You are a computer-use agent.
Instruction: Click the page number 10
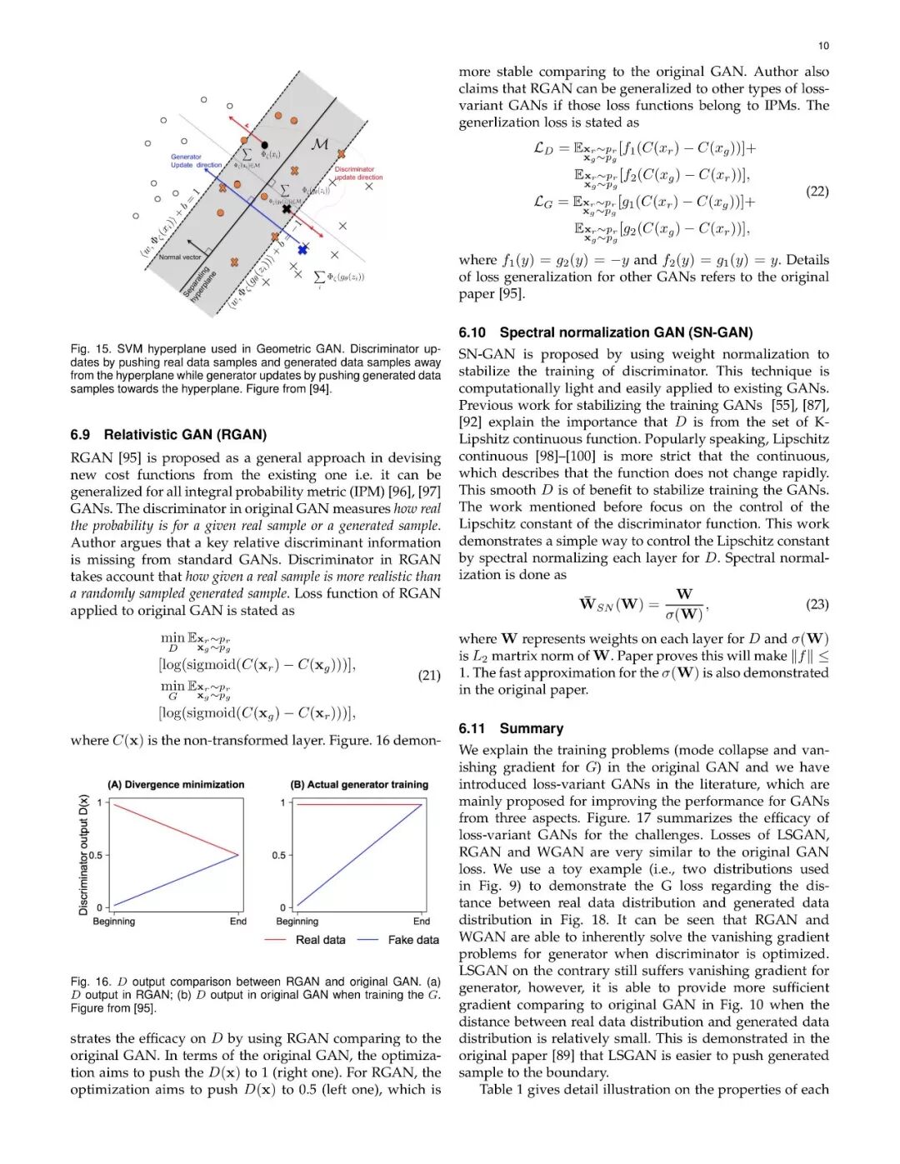click(x=823, y=46)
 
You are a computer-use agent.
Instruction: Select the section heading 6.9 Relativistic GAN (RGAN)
click(x=168, y=434)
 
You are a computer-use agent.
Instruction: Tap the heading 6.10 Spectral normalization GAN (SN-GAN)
click(x=605, y=332)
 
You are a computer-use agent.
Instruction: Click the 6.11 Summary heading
click(x=511, y=728)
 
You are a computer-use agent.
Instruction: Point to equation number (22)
click(x=817, y=191)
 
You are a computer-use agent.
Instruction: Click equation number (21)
click(x=429, y=675)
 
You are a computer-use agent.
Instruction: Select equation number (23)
click(x=817, y=604)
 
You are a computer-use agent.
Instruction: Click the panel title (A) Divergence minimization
click(x=176, y=785)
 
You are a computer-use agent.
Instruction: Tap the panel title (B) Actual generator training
click(x=359, y=785)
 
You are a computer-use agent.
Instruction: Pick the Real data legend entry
click(x=320, y=940)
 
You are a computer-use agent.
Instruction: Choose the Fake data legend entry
click(x=413, y=940)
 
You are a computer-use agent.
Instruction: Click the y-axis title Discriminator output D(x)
click(x=83, y=855)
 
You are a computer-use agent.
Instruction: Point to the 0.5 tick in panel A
click(x=96, y=855)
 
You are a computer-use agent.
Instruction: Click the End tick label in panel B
click(x=422, y=922)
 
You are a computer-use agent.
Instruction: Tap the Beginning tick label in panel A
click(x=114, y=922)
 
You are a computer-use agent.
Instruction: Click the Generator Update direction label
click(x=195, y=161)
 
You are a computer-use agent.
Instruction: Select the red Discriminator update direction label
click(x=358, y=173)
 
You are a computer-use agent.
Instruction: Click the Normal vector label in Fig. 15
click(x=179, y=257)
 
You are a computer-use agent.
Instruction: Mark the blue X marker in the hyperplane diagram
click(x=302, y=249)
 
